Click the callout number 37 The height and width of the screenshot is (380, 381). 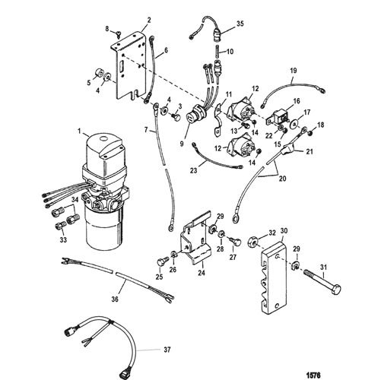click(167, 350)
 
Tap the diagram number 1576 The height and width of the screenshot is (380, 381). click(314, 375)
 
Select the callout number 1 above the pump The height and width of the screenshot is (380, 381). click(79, 131)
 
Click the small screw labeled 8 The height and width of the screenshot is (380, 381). click(119, 33)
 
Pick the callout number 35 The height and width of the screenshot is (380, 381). click(240, 24)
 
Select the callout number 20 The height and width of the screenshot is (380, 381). click(282, 179)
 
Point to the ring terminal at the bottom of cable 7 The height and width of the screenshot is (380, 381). click(171, 227)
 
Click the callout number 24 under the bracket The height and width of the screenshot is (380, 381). click(202, 273)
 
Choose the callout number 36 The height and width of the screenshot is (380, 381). click(115, 299)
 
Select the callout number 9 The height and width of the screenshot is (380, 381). click(182, 144)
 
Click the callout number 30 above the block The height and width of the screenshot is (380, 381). click(284, 231)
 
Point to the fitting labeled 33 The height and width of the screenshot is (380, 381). click(59, 226)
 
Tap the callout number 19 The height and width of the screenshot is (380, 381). click(294, 71)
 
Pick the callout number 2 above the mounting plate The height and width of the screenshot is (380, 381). click(149, 21)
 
